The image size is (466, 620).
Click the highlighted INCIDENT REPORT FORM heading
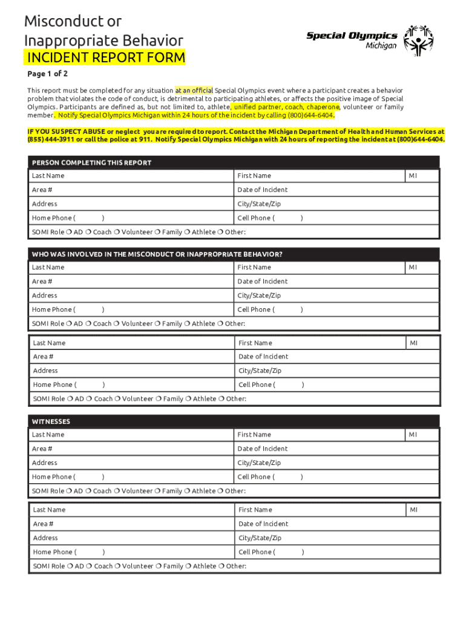pos(104,58)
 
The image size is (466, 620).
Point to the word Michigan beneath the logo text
pos(381,46)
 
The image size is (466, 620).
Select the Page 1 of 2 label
pos(48,74)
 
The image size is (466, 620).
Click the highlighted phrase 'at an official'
pos(194,90)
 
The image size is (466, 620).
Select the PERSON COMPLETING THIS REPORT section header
pos(91,162)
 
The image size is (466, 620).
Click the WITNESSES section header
pos(51,421)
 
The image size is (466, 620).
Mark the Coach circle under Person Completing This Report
pos(88,232)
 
